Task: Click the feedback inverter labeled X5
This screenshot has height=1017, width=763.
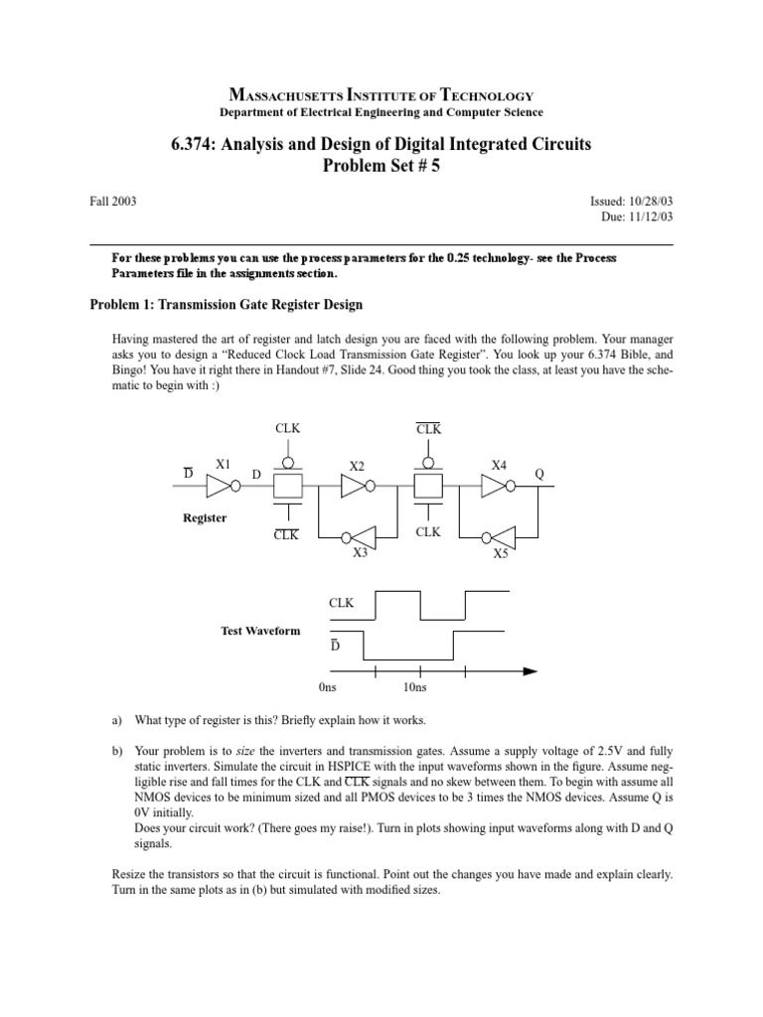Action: [x=497, y=537]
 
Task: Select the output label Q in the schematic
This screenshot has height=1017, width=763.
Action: [x=539, y=475]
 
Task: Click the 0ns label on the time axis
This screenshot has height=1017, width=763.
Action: [x=329, y=687]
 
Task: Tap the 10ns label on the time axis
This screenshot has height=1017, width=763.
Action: [x=415, y=687]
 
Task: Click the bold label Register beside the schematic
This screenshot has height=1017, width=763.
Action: [x=205, y=518]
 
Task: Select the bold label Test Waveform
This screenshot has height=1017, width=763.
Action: [x=260, y=631]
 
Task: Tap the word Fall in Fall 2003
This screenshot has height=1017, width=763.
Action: [x=100, y=201]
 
